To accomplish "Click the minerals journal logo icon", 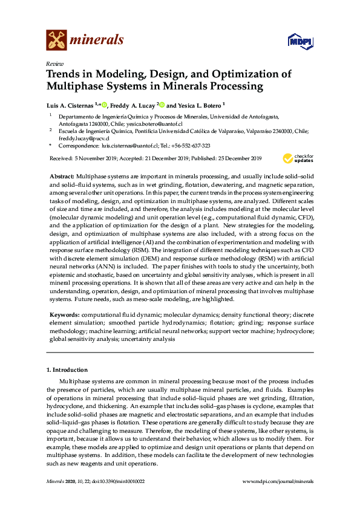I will click(56, 40).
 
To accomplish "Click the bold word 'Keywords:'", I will click(64, 315).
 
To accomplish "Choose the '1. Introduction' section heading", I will click(67, 369).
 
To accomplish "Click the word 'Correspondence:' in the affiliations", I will click(79, 146).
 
